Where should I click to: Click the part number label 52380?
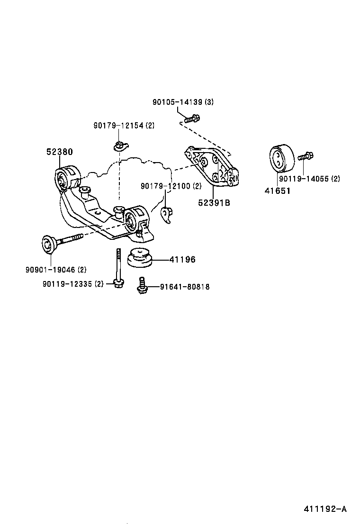[59, 152]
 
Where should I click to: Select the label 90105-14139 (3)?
[183, 102]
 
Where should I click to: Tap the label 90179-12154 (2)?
[124, 125]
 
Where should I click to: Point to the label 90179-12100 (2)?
[171, 186]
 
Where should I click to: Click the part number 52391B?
[214, 203]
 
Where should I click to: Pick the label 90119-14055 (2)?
[309, 179]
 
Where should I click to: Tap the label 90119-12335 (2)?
[72, 284]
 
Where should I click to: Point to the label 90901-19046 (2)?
[56, 270]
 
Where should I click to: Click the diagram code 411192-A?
[325, 509]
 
